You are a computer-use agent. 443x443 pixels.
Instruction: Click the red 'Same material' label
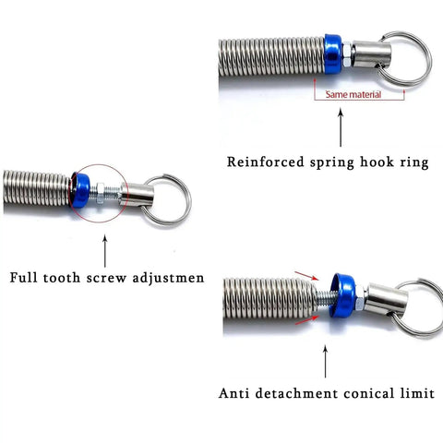(353, 94)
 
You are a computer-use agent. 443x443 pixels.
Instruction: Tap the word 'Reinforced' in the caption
(266, 162)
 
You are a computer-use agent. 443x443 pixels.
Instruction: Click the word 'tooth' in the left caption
(62, 278)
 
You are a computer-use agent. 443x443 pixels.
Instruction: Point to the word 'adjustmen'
(168, 279)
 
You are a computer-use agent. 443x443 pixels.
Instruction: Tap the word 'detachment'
(296, 393)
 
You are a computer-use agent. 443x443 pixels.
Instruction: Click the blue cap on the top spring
(333, 54)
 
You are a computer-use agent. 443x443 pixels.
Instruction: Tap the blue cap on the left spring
(80, 190)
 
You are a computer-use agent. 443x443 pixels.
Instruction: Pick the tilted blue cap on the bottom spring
(343, 295)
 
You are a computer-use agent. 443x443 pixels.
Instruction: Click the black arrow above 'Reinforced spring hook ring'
(341, 127)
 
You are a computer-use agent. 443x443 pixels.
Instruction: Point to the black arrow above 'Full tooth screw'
(105, 251)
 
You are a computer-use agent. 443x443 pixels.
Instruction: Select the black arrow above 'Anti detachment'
(325, 362)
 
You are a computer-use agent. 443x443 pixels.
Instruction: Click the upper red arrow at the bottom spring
(306, 276)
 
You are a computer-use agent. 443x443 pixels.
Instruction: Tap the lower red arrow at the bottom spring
(306, 319)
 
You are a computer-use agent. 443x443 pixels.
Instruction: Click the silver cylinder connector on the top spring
(371, 54)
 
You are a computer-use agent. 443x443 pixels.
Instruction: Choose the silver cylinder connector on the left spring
(137, 195)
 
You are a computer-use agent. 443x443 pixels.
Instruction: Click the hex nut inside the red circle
(101, 193)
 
